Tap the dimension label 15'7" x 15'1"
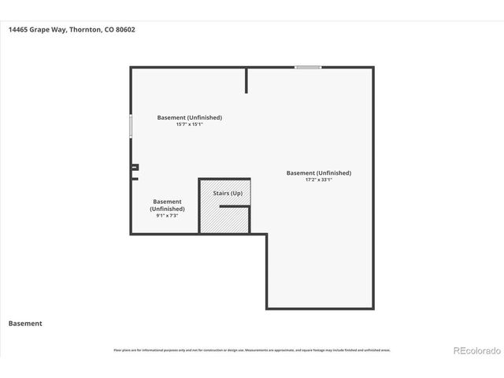click(x=189, y=124)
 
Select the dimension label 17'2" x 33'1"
click(x=319, y=180)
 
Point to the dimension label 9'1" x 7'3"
click(x=167, y=216)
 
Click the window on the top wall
click(x=308, y=67)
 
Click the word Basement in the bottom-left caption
click(x=25, y=323)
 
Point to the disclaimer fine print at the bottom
click(x=251, y=350)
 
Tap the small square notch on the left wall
click(x=135, y=167)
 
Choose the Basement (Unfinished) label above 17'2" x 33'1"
click(x=319, y=172)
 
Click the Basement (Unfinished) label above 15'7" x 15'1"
click(x=189, y=117)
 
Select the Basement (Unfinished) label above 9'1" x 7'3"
click(x=167, y=205)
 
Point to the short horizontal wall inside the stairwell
click(x=235, y=206)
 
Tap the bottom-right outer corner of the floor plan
click(x=372, y=308)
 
